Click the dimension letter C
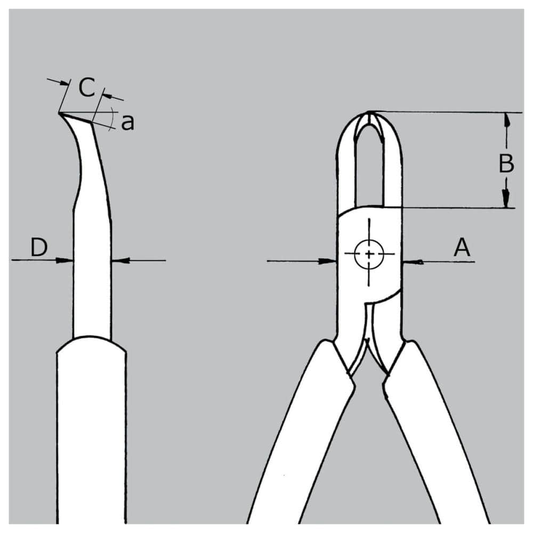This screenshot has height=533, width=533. [87, 87]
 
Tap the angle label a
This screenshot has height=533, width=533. [128, 123]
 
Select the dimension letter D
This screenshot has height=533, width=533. [39, 247]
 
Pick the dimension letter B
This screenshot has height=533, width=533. [506, 163]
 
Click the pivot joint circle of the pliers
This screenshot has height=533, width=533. [369, 254]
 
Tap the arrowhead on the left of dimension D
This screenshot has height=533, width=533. [64, 261]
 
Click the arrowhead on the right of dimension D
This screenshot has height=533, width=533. [120, 261]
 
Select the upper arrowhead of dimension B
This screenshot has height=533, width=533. [507, 120]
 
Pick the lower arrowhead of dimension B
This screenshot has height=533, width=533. [506, 198]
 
